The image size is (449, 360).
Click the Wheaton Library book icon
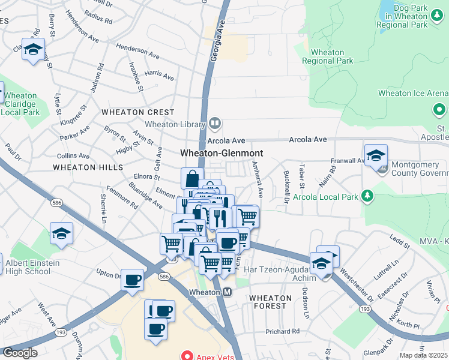pyautogui.click(x=215, y=124)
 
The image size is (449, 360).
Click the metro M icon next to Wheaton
pyautogui.click(x=228, y=292)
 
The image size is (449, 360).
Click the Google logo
pyautogui.click(x=20, y=353)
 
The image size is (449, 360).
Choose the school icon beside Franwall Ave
pyautogui.click(x=376, y=155)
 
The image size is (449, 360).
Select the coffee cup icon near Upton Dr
pyautogui.click(x=132, y=279)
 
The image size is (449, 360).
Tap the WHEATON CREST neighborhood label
pyautogui.click(x=138, y=112)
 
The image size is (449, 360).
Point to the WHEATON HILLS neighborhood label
pyautogui.click(x=88, y=167)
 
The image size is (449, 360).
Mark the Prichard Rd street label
pyautogui.click(x=283, y=331)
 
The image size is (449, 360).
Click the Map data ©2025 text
pyautogui.click(x=424, y=355)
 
